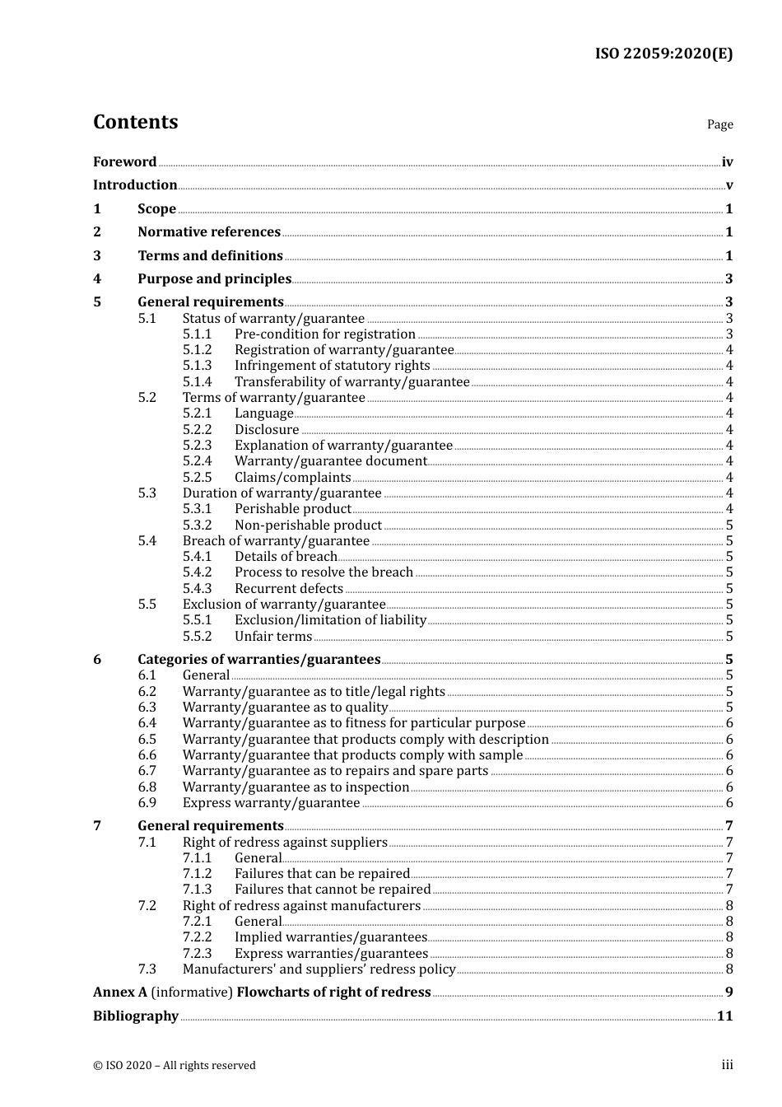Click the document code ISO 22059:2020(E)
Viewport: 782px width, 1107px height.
(663, 54)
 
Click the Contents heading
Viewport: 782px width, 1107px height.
(135, 122)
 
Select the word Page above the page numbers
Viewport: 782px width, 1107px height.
(719, 124)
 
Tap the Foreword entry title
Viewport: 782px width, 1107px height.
(124, 161)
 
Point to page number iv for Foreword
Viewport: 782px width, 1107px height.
(727, 162)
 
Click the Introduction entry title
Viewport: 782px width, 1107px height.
(135, 184)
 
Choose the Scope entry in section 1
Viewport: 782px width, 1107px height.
(156, 208)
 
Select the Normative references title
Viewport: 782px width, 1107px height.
(209, 231)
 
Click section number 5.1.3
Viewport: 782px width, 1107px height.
(197, 365)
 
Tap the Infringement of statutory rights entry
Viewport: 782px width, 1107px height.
(332, 365)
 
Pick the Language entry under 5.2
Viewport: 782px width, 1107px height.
(263, 413)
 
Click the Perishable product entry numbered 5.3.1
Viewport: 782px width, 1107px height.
(292, 508)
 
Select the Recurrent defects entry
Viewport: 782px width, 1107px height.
(288, 588)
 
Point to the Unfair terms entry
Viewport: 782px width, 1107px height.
(272, 636)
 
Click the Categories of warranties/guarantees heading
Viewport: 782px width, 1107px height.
(258, 659)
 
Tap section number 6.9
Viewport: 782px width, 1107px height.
(147, 802)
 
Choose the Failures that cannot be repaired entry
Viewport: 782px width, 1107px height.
(332, 889)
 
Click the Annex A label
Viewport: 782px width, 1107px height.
(120, 992)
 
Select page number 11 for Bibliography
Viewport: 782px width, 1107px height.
(724, 1016)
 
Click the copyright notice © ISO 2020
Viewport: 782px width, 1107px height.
(174, 1065)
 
